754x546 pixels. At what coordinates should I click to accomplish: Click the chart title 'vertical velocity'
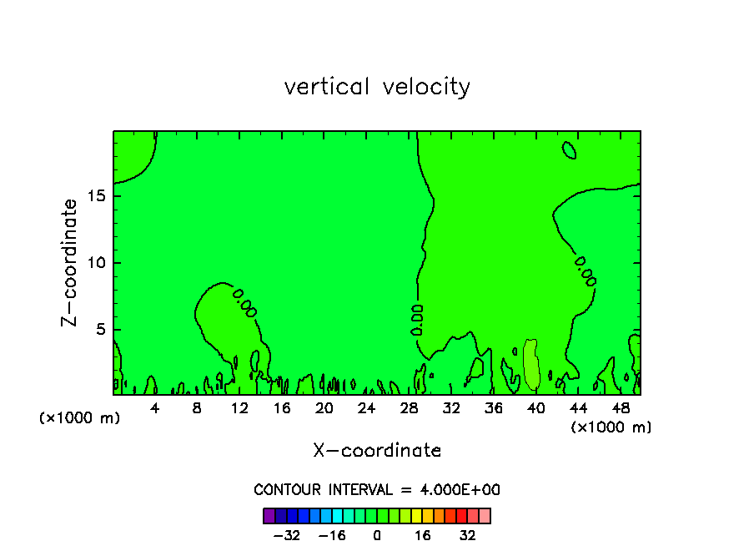click(x=377, y=86)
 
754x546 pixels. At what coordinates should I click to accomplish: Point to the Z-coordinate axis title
click(x=70, y=262)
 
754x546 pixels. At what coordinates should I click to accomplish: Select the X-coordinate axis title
click(x=377, y=450)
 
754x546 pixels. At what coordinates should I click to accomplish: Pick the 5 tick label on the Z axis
click(x=99, y=329)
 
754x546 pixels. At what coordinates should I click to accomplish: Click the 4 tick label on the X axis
click(x=155, y=408)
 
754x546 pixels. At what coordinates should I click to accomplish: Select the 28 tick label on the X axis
click(x=409, y=408)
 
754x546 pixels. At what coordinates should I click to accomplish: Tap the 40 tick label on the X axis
click(x=535, y=408)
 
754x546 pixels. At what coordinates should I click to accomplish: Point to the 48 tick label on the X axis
click(x=620, y=408)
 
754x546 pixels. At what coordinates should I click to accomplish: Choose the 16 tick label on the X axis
click(x=282, y=408)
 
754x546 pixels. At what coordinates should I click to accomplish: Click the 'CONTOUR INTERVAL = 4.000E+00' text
click(x=377, y=489)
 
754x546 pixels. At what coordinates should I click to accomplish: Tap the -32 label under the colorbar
click(x=287, y=534)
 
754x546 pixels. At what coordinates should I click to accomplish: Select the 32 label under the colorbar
click(x=468, y=534)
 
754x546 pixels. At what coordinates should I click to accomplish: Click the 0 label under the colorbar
click(x=377, y=534)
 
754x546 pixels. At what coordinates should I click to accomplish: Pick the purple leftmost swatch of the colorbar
click(x=269, y=515)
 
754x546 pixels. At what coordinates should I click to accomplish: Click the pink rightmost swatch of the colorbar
click(x=485, y=515)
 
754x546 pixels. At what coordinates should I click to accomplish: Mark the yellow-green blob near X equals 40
click(x=531, y=364)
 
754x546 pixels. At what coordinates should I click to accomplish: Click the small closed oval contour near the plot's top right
click(x=570, y=149)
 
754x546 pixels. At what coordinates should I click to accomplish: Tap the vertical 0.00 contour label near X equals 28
click(x=417, y=320)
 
